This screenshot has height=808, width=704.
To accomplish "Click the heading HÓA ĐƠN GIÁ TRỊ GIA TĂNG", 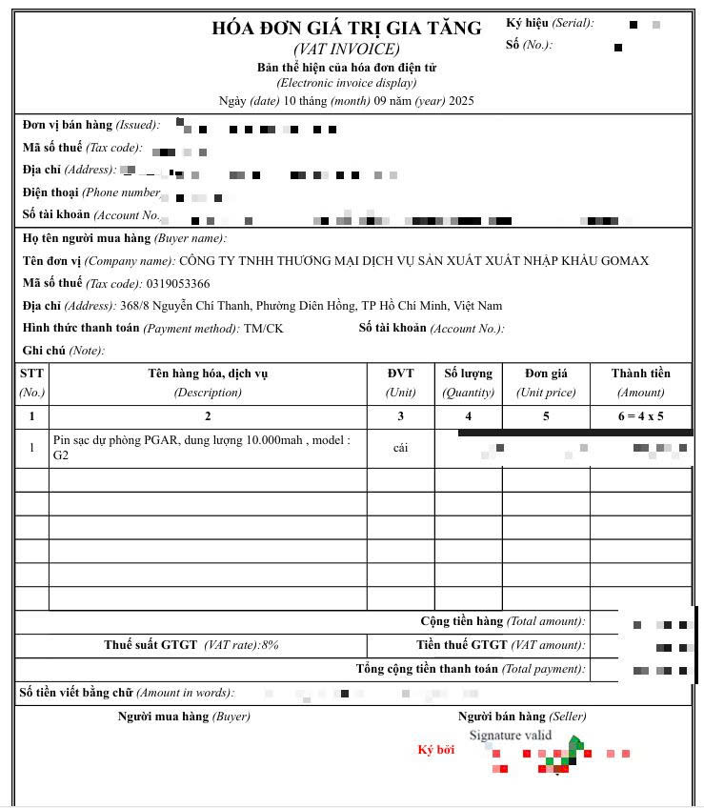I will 347,29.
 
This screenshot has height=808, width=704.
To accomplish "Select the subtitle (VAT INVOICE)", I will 347,50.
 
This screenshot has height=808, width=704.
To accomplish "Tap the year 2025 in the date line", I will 460,100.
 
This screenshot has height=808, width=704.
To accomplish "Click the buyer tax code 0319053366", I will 178,283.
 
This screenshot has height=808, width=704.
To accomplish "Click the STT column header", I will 31,381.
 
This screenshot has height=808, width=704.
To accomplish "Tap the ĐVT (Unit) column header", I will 400,381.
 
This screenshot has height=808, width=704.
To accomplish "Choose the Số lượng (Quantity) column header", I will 468,381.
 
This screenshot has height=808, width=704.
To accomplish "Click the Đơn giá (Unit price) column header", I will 546,381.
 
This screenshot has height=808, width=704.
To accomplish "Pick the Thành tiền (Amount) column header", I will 640,381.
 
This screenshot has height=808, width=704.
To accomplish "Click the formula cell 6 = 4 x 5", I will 640,416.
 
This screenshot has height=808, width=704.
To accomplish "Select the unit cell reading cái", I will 400,448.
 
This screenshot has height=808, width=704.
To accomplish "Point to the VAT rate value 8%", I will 270,645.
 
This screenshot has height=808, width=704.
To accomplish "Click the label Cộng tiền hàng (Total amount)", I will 502,621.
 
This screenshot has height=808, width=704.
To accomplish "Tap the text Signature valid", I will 510,736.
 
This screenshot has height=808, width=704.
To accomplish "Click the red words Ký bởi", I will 436,750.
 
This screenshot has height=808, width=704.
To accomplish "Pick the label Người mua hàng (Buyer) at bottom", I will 184,717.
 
